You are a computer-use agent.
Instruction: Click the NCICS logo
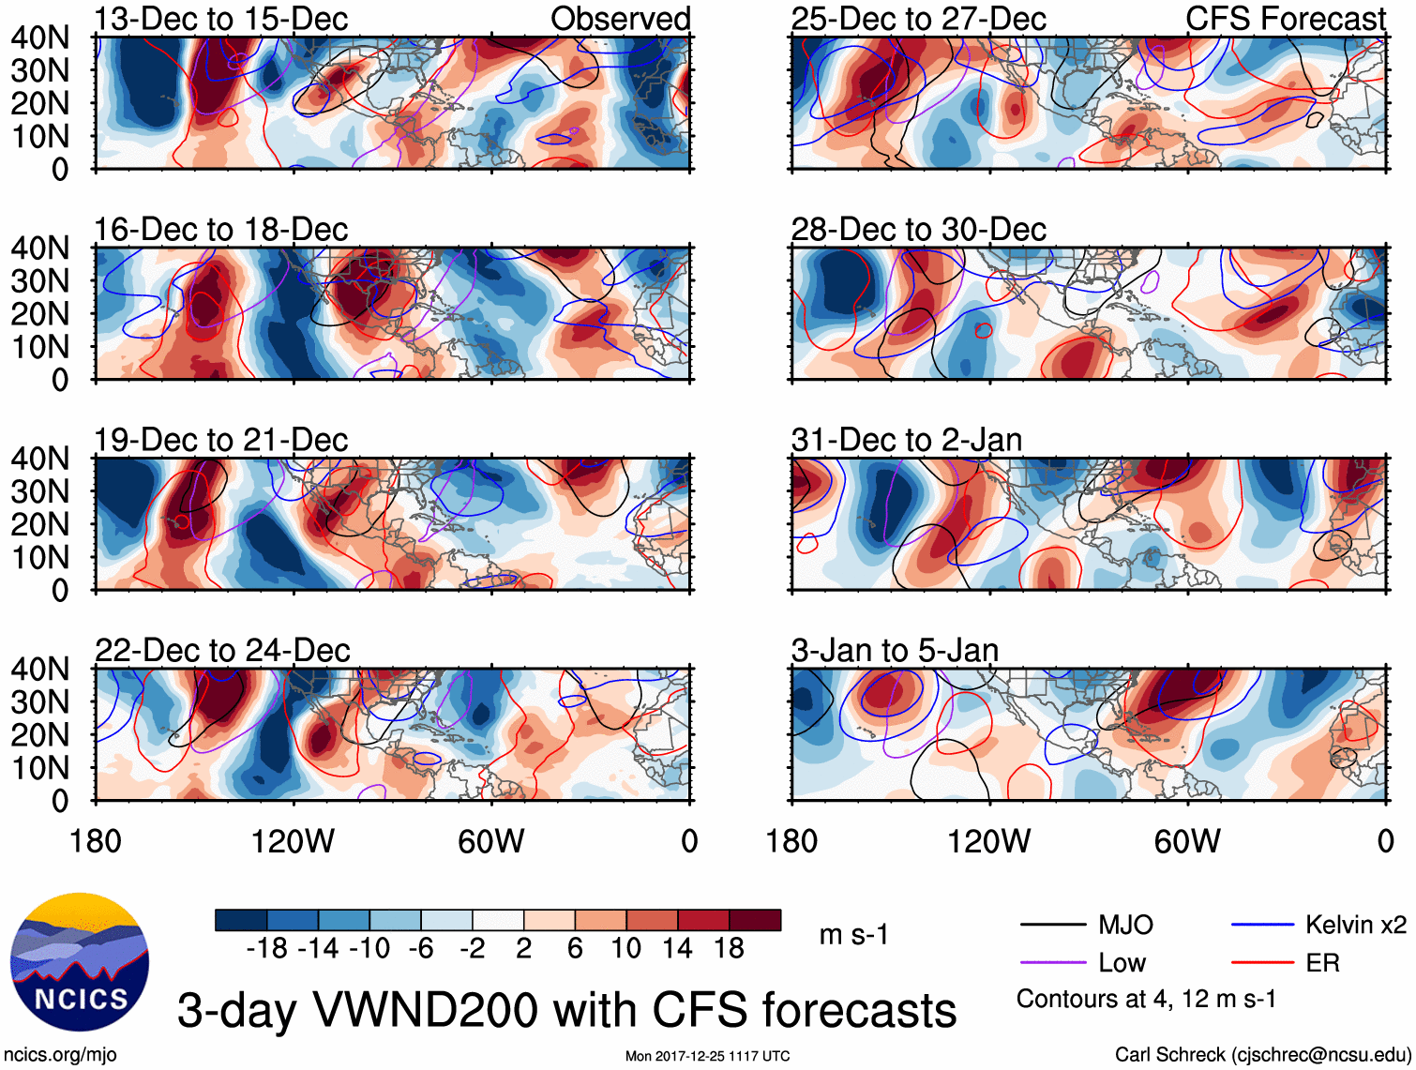80,962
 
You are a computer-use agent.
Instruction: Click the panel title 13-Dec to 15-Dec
221,19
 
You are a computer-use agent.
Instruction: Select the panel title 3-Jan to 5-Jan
895,651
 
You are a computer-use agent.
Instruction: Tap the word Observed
620,19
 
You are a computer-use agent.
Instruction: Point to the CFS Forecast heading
1285,19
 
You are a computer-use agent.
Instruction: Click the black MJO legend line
1052,926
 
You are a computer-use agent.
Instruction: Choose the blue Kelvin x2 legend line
1262,926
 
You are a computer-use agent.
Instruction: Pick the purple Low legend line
1052,963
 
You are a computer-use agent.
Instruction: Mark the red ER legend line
1262,963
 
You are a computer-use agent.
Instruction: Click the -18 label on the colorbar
266,949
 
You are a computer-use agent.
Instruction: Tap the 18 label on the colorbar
730,949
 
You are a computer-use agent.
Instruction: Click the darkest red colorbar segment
755,920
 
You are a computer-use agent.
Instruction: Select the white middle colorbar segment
498,920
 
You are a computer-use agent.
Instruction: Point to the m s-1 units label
853,935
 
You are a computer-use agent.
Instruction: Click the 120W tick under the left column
293,841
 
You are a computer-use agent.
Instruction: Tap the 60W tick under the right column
1187,841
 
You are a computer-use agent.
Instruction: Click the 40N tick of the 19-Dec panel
39,459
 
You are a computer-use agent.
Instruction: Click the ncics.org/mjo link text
60,1055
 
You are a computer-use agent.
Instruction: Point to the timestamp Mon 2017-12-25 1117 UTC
707,1056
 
